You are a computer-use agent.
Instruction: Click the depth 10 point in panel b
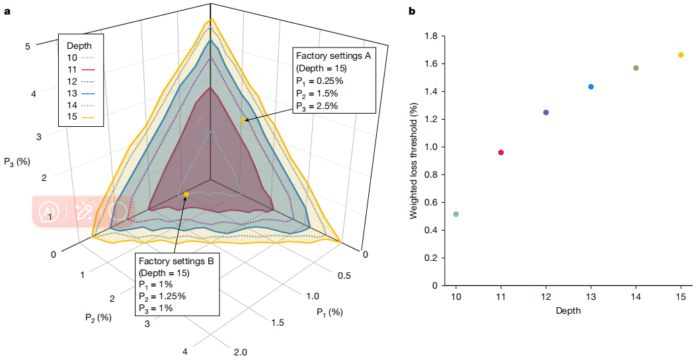[456, 214]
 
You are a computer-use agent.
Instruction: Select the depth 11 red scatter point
[501, 153]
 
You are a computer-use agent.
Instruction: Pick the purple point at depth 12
[546, 112]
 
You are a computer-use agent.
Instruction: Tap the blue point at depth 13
[591, 87]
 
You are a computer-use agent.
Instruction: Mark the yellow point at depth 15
[681, 55]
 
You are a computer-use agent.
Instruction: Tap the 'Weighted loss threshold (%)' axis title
[414, 161]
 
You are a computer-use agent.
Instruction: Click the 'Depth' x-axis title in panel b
[568, 310]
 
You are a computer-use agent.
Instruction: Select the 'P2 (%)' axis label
[97, 317]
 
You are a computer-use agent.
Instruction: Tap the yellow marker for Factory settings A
[243, 121]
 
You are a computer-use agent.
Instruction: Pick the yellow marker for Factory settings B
[186, 194]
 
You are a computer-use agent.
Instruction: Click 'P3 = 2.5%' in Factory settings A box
[317, 105]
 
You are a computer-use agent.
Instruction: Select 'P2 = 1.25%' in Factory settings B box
[162, 295]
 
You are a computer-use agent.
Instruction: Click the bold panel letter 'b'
[412, 11]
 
